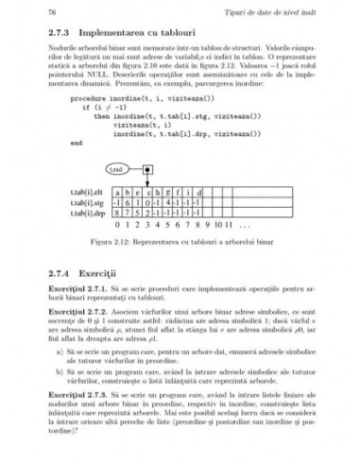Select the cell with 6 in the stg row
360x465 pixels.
point(127,201)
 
